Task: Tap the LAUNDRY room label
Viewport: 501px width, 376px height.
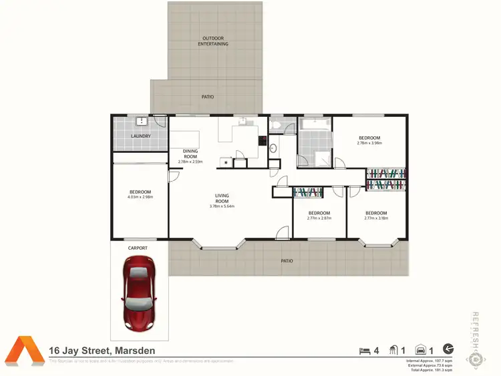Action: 140,136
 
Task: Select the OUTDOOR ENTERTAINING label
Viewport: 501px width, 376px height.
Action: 213,41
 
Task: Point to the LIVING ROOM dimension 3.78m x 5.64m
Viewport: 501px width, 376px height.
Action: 222,206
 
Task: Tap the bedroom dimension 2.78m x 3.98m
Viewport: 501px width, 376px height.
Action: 369,143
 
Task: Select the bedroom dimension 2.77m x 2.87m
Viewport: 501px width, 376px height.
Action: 319,218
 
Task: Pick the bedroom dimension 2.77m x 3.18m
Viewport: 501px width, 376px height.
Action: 375,218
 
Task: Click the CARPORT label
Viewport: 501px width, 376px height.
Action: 138,248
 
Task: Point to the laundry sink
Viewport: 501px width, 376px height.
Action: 142,122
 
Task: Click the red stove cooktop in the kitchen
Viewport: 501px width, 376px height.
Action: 263,141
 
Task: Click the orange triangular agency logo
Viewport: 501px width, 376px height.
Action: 25,350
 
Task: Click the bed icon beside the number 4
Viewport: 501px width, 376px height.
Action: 364,350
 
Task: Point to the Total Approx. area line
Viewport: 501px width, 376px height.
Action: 429,369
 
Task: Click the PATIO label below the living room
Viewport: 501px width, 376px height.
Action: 286,261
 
